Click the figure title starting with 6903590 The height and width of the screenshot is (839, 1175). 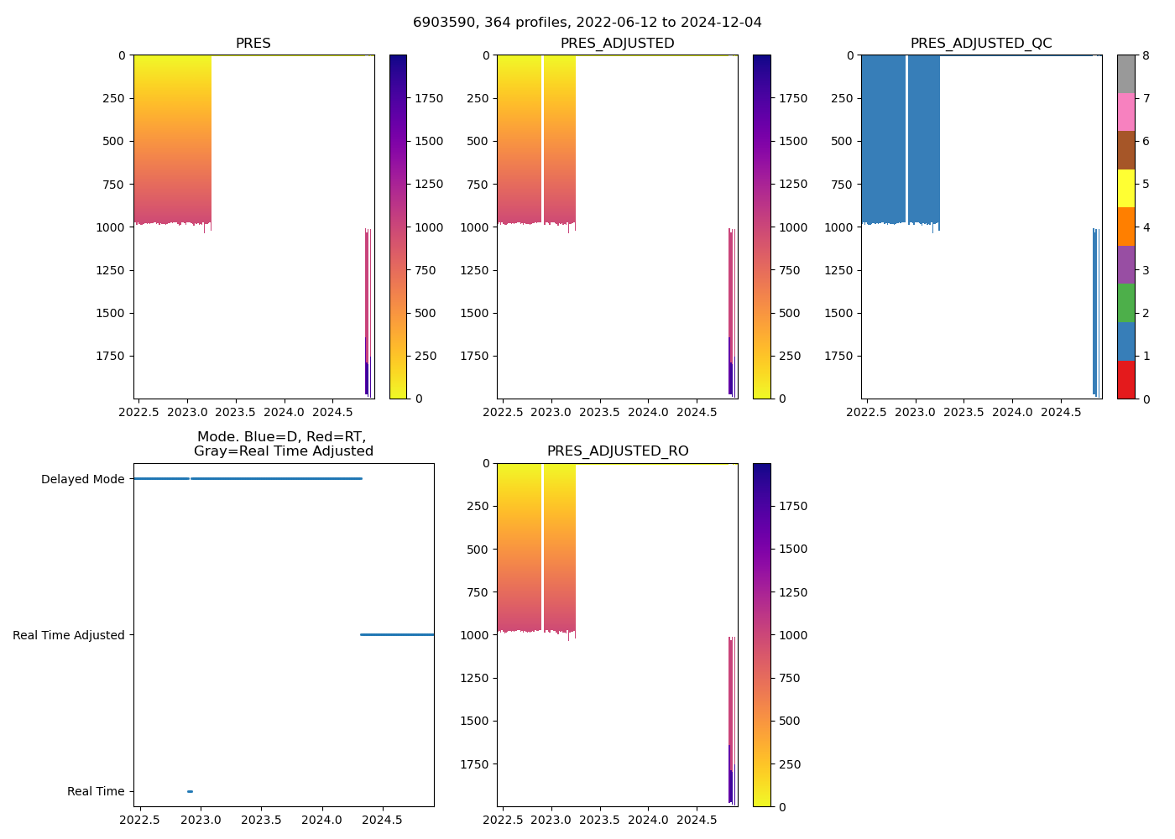[x=587, y=23]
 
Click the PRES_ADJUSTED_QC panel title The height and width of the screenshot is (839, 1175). [x=981, y=44]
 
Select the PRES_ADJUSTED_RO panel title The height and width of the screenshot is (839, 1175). [x=618, y=451]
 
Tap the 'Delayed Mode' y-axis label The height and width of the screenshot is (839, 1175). [x=82, y=480]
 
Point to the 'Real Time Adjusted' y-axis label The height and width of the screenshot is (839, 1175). [x=68, y=635]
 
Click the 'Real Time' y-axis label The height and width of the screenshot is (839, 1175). [x=96, y=791]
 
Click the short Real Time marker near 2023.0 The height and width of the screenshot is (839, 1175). [x=190, y=791]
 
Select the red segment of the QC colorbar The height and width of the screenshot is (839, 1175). [x=1125, y=379]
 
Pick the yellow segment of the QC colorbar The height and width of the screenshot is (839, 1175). [x=1125, y=188]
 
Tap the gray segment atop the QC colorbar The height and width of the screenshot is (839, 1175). [x=1125, y=74]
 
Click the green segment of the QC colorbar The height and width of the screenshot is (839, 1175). [x=1125, y=303]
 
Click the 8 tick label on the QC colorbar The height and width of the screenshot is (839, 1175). [x=1146, y=55]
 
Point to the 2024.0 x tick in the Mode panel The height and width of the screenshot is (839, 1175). [x=322, y=820]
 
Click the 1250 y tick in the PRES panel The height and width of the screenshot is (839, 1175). [x=111, y=270]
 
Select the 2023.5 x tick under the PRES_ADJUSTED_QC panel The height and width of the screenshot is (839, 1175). [x=963, y=412]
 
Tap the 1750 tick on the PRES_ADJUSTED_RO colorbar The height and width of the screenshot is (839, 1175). [x=793, y=506]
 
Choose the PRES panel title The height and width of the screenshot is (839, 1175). [x=253, y=44]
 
